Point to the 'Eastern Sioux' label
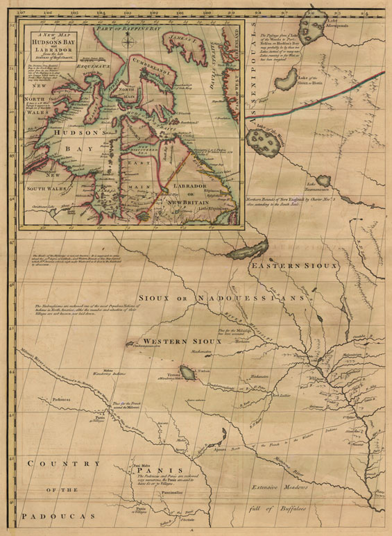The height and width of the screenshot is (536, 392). [293, 266]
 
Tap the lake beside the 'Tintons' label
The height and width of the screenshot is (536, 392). [187, 373]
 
